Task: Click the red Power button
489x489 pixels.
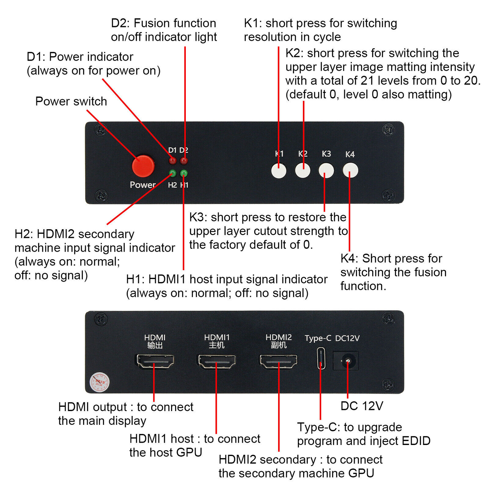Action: tap(143, 166)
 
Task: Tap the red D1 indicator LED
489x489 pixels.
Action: tap(172, 160)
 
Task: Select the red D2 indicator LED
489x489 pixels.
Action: tap(184, 161)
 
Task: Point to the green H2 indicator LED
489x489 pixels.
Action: tap(172, 173)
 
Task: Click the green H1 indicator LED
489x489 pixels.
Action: tap(184, 173)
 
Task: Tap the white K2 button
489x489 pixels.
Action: tap(303, 170)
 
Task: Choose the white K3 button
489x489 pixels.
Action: tap(326, 170)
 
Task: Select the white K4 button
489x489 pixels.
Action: tap(350, 170)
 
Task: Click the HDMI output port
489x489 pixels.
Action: tap(155, 361)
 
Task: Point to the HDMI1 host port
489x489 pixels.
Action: tap(217, 361)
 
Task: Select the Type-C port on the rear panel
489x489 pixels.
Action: tap(321, 359)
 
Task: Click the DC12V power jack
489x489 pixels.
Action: tap(348, 361)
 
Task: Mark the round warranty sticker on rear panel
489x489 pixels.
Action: tap(99, 382)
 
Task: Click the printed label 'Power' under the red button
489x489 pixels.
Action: tap(142, 185)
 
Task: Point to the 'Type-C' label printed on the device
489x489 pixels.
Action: tap(318, 338)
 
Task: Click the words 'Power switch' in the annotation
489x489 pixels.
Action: tap(71, 101)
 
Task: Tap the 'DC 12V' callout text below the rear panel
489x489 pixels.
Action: tap(362, 406)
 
